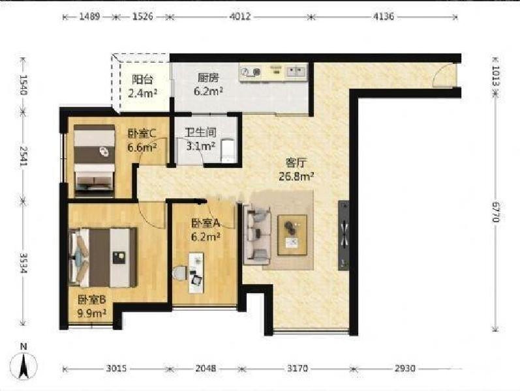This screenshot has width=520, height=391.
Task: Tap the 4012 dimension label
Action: (x=239, y=16)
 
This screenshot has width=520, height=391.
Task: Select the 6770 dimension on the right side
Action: (x=496, y=212)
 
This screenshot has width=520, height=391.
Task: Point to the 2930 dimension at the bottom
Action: (x=405, y=368)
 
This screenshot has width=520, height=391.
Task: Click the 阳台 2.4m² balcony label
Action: (x=143, y=87)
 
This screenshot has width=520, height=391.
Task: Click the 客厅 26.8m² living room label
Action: (x=296, y=169)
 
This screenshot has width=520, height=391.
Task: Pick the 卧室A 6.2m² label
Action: (x=206, y=229)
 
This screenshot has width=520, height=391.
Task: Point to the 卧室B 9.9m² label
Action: (x=92, y=306)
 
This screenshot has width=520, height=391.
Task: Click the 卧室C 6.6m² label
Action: (x=142, y=140)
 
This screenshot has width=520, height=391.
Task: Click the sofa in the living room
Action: (x=256, y=235)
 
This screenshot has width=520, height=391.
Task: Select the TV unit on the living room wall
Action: (x=344, y=235)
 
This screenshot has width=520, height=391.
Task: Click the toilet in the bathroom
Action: (x=228, y=151)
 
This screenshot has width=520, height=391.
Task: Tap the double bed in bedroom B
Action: (x=103, y=257)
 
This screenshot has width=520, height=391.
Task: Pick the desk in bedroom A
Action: (x=196, y=272)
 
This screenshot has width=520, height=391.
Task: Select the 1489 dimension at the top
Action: (x=89, y=16)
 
